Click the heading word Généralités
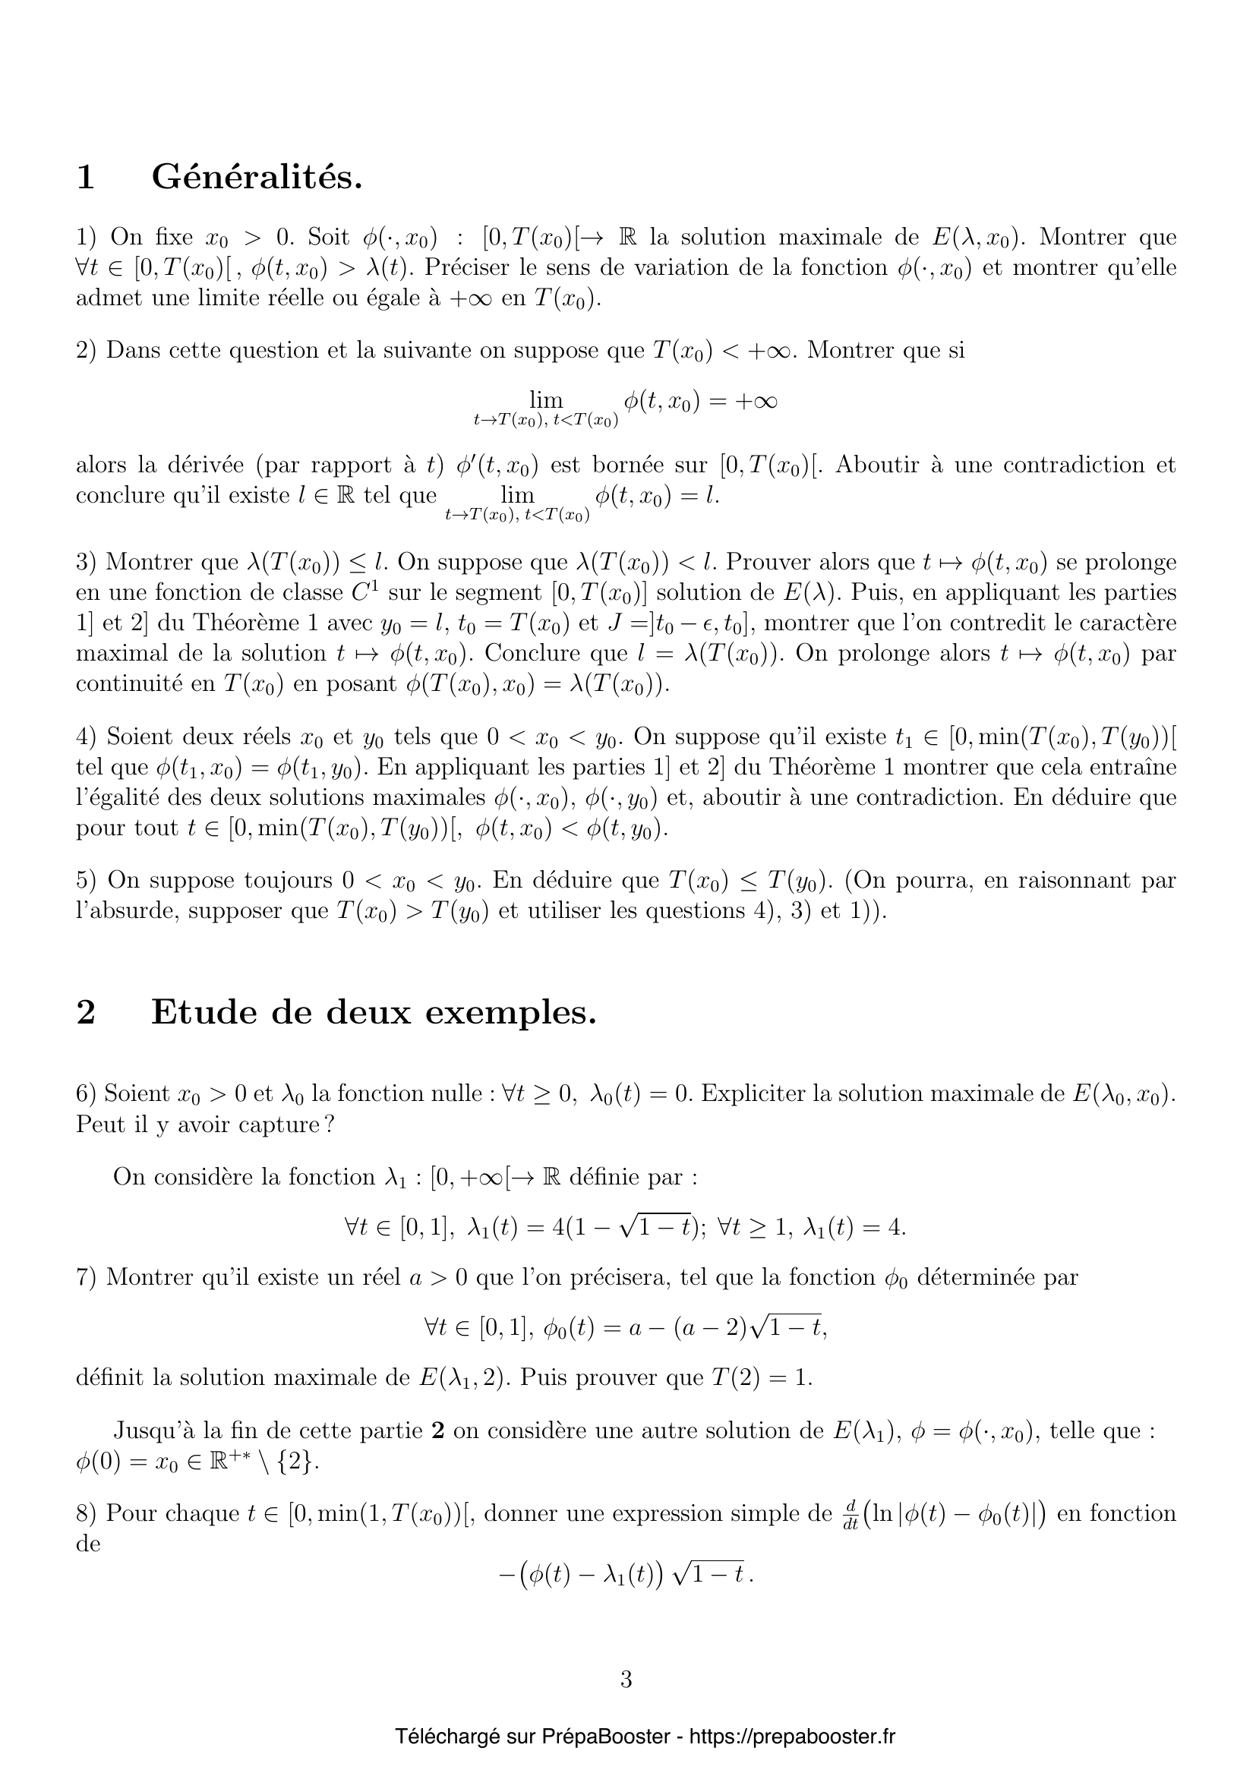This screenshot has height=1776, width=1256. point(257,178)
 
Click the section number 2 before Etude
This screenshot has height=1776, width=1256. point(86,1011)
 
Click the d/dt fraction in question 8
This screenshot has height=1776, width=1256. point(850,1514)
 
